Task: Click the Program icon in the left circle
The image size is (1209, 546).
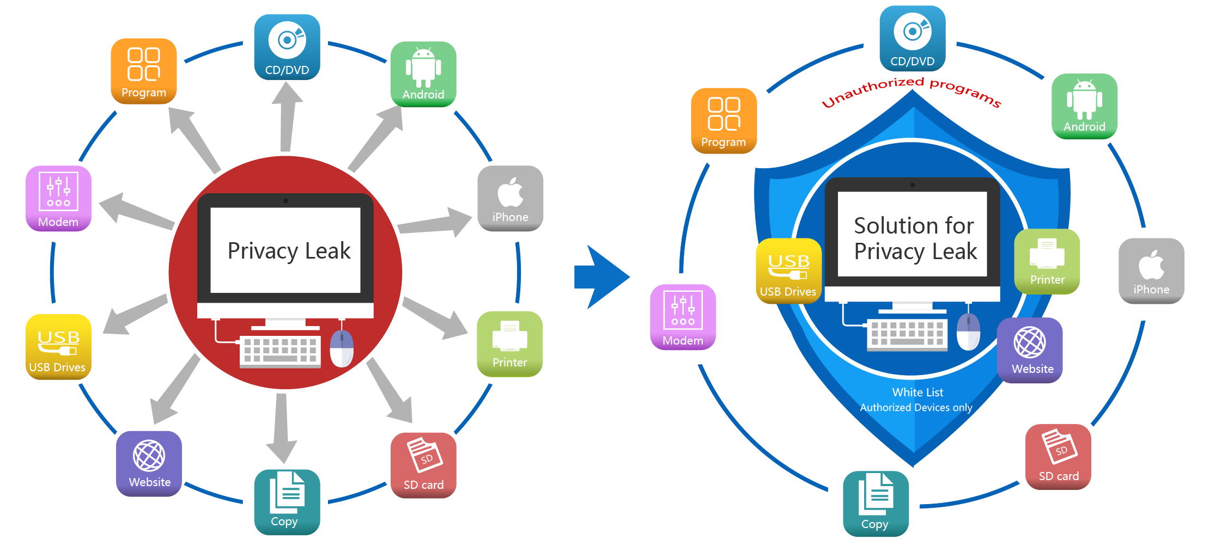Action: click(144, 71)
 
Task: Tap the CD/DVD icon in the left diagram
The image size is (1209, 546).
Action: click(287, 47)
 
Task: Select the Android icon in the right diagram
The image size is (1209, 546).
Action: click(1084, 106)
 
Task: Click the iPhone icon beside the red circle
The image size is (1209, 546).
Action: click(510, 198)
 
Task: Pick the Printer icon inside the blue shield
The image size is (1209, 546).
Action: click(1047, 261)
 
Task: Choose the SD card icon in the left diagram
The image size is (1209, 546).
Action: click(423, 465)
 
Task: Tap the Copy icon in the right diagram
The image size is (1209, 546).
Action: click(876, 504)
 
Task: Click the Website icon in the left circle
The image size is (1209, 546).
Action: click(149, 463)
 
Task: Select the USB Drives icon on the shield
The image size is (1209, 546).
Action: click(788, 271)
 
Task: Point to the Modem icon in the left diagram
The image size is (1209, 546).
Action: click(58, 199)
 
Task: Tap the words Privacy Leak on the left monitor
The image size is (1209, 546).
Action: click(289, 251)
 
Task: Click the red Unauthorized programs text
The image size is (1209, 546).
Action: click(911, 91)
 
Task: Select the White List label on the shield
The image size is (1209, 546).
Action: click(918, 392)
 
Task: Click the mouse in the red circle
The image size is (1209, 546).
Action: click(342, 348)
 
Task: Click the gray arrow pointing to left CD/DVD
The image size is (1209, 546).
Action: click(287, 117)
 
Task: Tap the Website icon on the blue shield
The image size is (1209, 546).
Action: click(1030, 350)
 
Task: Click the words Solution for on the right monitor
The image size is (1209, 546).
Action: click(914, 225)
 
